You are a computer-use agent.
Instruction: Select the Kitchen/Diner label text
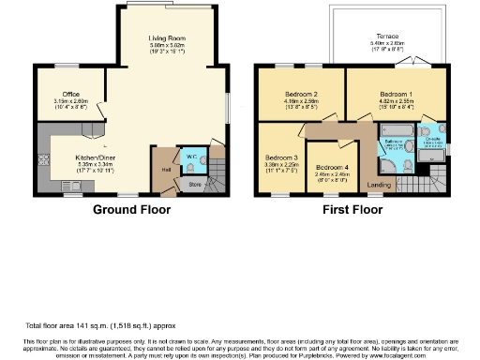(x=95, y=158)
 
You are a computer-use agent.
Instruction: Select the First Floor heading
(x=348, y=211)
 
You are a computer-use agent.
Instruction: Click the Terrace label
(x=386, y=38)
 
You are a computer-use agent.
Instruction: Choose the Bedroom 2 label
(x=303, y=95)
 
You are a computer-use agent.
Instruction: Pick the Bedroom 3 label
(x=281, y=157)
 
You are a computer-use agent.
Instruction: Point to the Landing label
(x=380, y=185)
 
